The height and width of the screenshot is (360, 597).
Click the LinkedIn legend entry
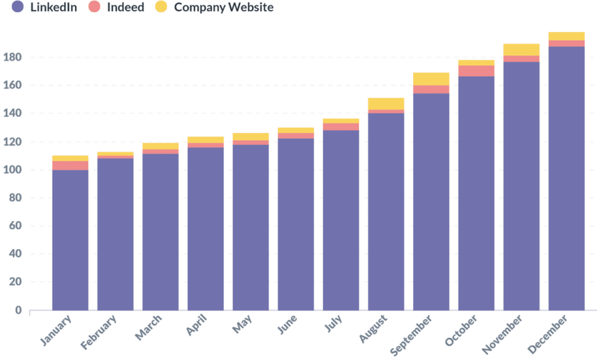point(44,7)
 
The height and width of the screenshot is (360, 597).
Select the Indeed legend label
point(117,7)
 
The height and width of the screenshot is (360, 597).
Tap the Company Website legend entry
point(215,7)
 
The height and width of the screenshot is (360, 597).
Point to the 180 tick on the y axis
point(12,57)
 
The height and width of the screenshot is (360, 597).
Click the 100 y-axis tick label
point(12,170)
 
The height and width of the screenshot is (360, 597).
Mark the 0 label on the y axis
point(18,310)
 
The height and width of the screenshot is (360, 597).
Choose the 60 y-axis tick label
point(15,226)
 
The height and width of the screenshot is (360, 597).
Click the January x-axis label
point(55,330)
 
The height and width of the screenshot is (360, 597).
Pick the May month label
point(242,324)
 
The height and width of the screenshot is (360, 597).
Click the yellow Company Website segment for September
point(431,79)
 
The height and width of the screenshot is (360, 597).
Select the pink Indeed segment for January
point(70,166)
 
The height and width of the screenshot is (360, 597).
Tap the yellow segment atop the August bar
point(386,104)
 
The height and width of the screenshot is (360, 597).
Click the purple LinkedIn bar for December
point(566,179)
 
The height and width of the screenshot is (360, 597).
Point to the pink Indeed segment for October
point(476,71)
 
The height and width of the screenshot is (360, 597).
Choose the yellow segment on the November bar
point(521,50)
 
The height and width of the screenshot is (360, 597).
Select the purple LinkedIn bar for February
point(115,234)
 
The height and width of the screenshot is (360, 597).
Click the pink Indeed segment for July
point(341,127)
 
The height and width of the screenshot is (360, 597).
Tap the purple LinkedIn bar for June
point(296,224)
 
